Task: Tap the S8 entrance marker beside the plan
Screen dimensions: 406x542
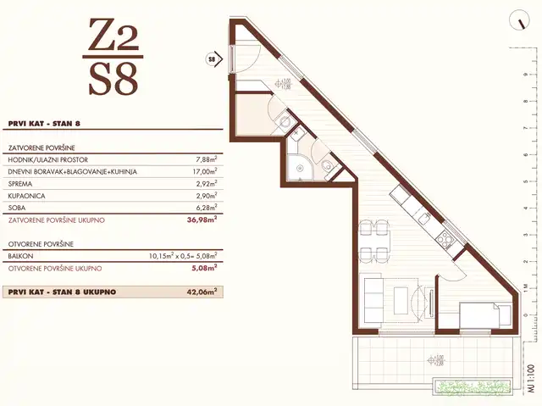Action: pyautogui.click(x=211, y=59)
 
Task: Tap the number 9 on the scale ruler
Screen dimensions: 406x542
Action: pyautogui.click(x=527, y=74)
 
